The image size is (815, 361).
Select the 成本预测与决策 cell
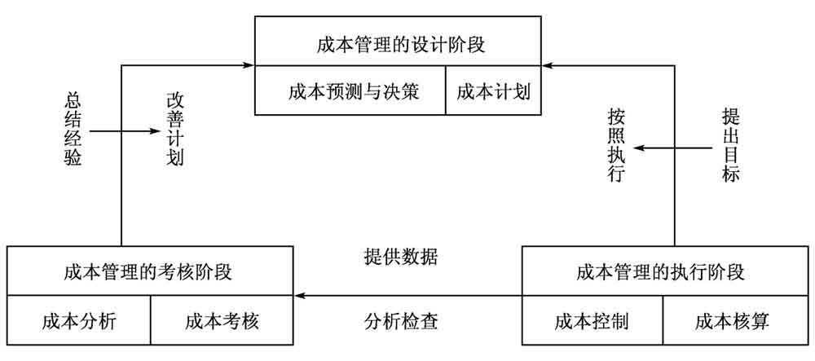point(352,91)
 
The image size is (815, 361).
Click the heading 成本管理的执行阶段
point(660,272)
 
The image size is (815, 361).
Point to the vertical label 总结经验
point(73,130)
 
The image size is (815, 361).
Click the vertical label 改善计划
point(174,130)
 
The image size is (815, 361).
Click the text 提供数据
point(400,258)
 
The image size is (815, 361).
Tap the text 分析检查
point(400,320)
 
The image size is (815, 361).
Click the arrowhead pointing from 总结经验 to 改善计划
point(152,130)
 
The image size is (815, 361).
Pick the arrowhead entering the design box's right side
point(549,64)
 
